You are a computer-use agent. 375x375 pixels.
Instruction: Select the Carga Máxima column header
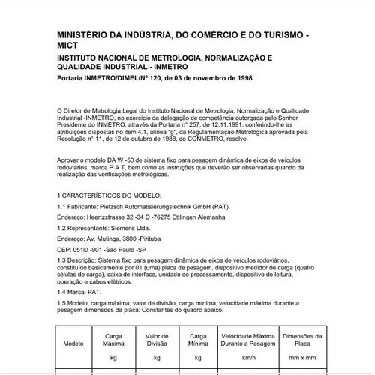coord(114,340)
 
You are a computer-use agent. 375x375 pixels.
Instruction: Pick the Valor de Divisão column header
coord(157,340)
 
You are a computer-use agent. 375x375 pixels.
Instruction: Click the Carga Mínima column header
coord(199,340)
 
